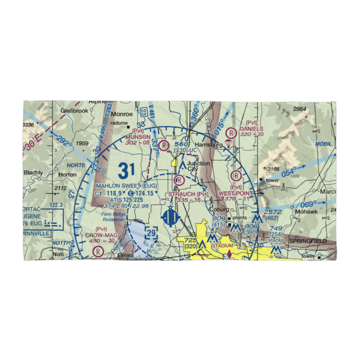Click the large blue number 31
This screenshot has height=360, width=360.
[x=126, y=170]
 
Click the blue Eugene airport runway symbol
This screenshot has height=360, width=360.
[x=171, y=218]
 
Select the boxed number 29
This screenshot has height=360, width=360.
[x=152, y=234]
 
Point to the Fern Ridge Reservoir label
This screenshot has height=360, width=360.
[x=114, y=217]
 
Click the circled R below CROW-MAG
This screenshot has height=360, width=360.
[x=98, y=251]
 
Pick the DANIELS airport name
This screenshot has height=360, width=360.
[x=252, y=129]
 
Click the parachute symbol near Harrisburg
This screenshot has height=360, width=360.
[x=228, y=144]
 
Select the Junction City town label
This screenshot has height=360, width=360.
[x=198, y=166]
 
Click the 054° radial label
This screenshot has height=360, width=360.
[x=289, y=172]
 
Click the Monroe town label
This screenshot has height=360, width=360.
[x=122, y=114]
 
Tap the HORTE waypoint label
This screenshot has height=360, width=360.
[x=76, y=165]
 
